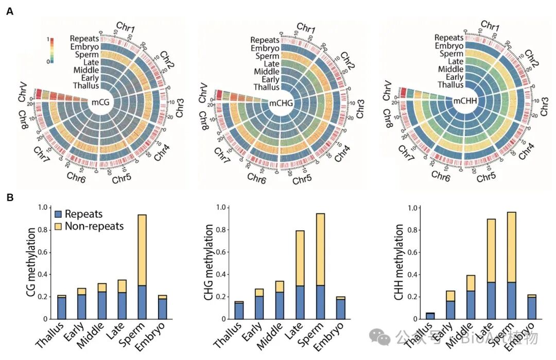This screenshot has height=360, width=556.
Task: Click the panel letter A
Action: point(9,11)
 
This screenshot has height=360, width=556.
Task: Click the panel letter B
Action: point(9,197)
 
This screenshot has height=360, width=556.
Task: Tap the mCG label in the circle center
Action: point(102,102)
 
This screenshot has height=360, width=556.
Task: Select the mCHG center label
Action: point(281,103)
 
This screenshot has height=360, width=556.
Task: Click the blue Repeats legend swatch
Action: point(58,214)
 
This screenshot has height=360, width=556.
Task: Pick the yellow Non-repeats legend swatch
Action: point(58,226)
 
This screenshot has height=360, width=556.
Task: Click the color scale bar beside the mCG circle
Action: point(48,50)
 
